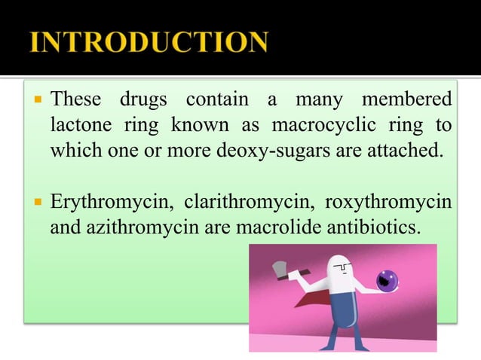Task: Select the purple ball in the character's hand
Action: click(x=388, y=281)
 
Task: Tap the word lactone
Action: click(x=78, y=124)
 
